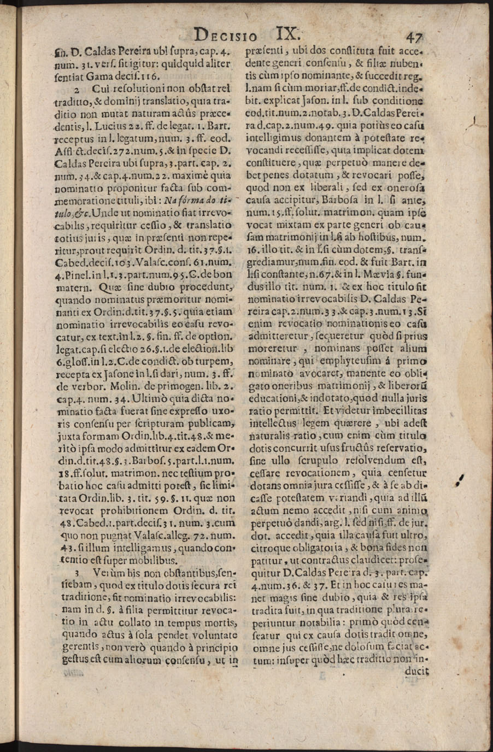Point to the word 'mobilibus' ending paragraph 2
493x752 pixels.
(x=155, y=560)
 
